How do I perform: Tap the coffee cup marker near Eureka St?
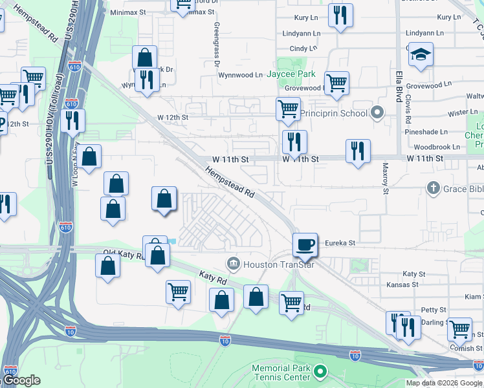tap(305, 245)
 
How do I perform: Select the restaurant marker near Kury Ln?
tap(340, 16)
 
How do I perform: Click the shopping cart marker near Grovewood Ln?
tap(336, 83)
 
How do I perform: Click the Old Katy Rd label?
tap(124, 255)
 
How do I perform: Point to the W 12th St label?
tap(173, 118)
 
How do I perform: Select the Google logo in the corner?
tap(21, 380)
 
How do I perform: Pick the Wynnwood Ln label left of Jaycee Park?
tap(240, 75)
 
